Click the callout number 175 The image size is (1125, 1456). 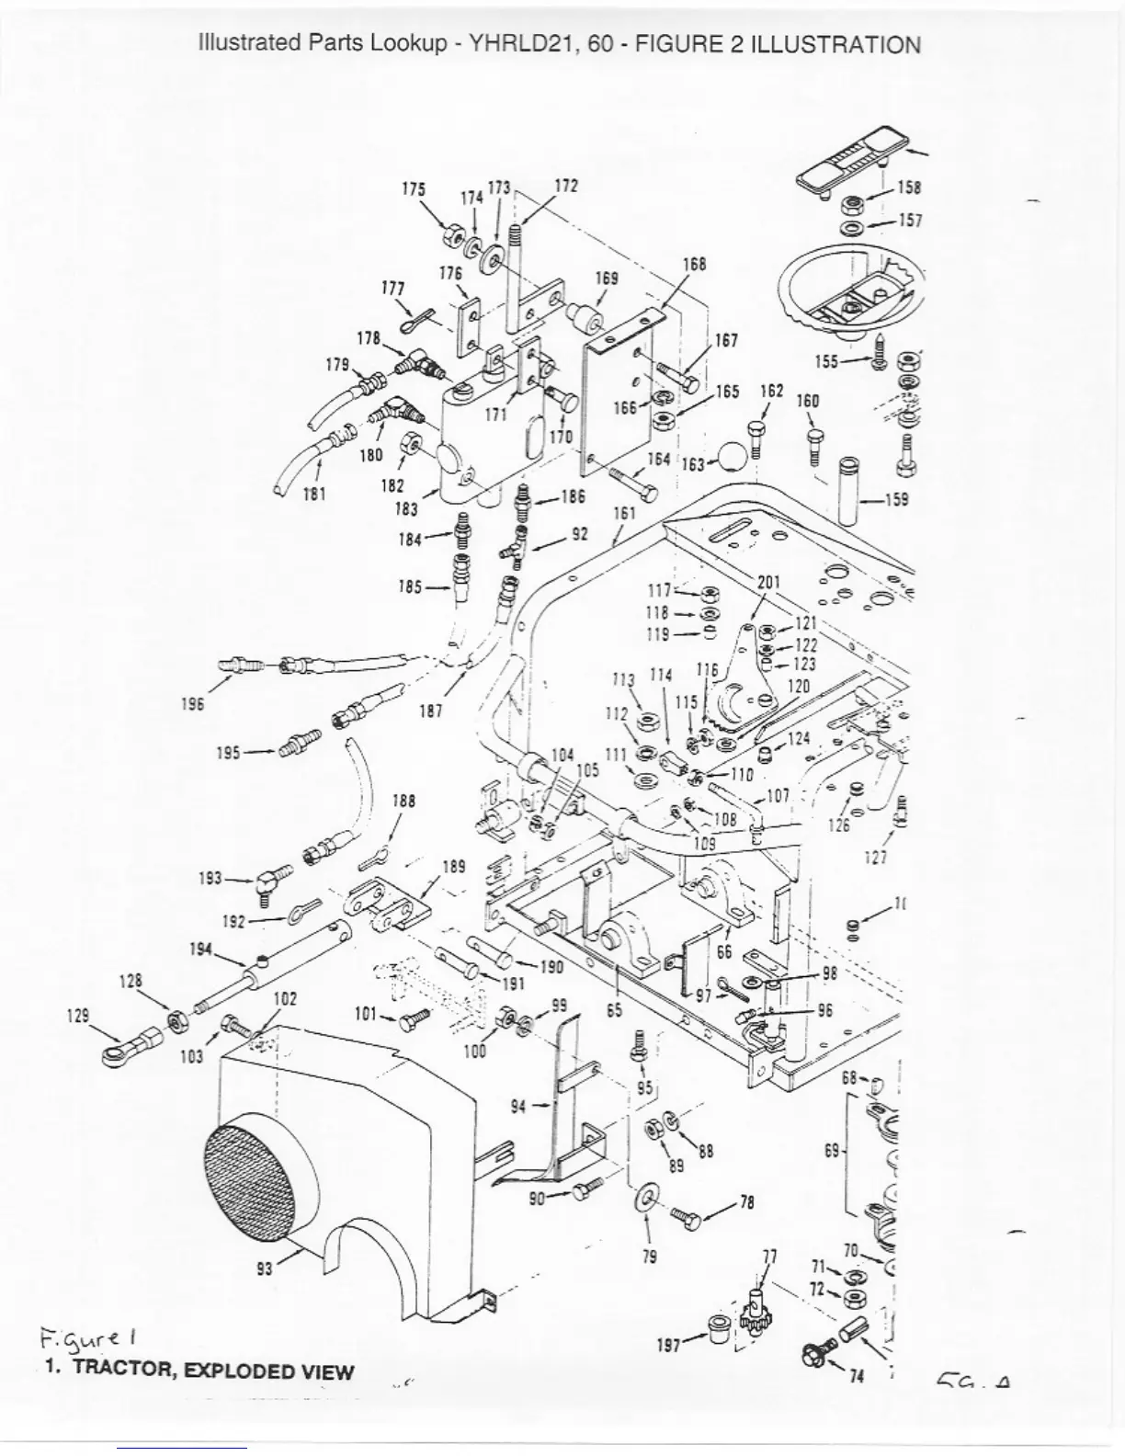[x=414, y=189]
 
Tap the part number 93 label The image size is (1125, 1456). [x=265, y=1270]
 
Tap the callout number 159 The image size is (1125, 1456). [x=896, y=499]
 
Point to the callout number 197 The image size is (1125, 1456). [x=669, y=1345]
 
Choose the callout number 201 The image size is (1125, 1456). [x=768, y=582]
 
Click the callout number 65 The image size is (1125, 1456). [x=615, y=1009]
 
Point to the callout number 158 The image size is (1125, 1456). [x=909, y=188]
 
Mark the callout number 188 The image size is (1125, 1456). [x=403, y=801]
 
